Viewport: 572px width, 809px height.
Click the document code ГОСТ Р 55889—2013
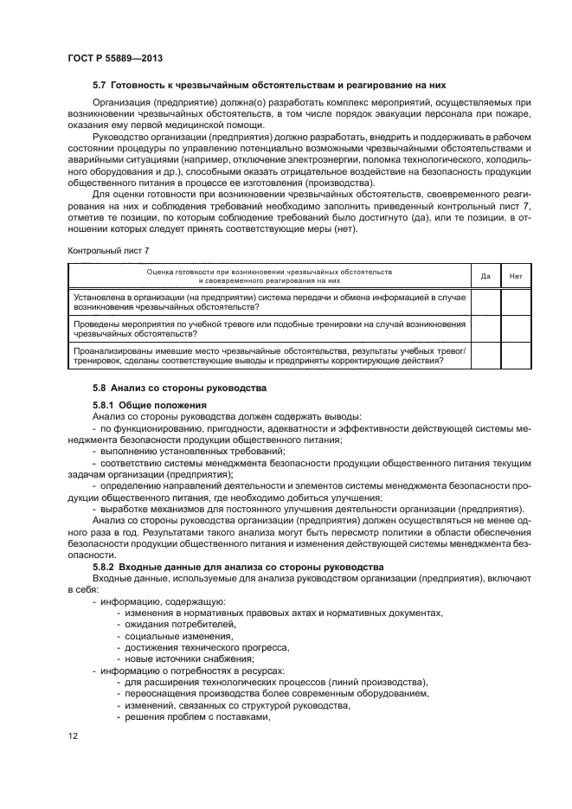point(115,57)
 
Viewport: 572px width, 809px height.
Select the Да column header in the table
point(485,276)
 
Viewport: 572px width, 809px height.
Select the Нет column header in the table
point(516,276)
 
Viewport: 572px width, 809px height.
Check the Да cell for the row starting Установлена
point(485,302)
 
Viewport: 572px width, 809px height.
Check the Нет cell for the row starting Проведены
point(516,328)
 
